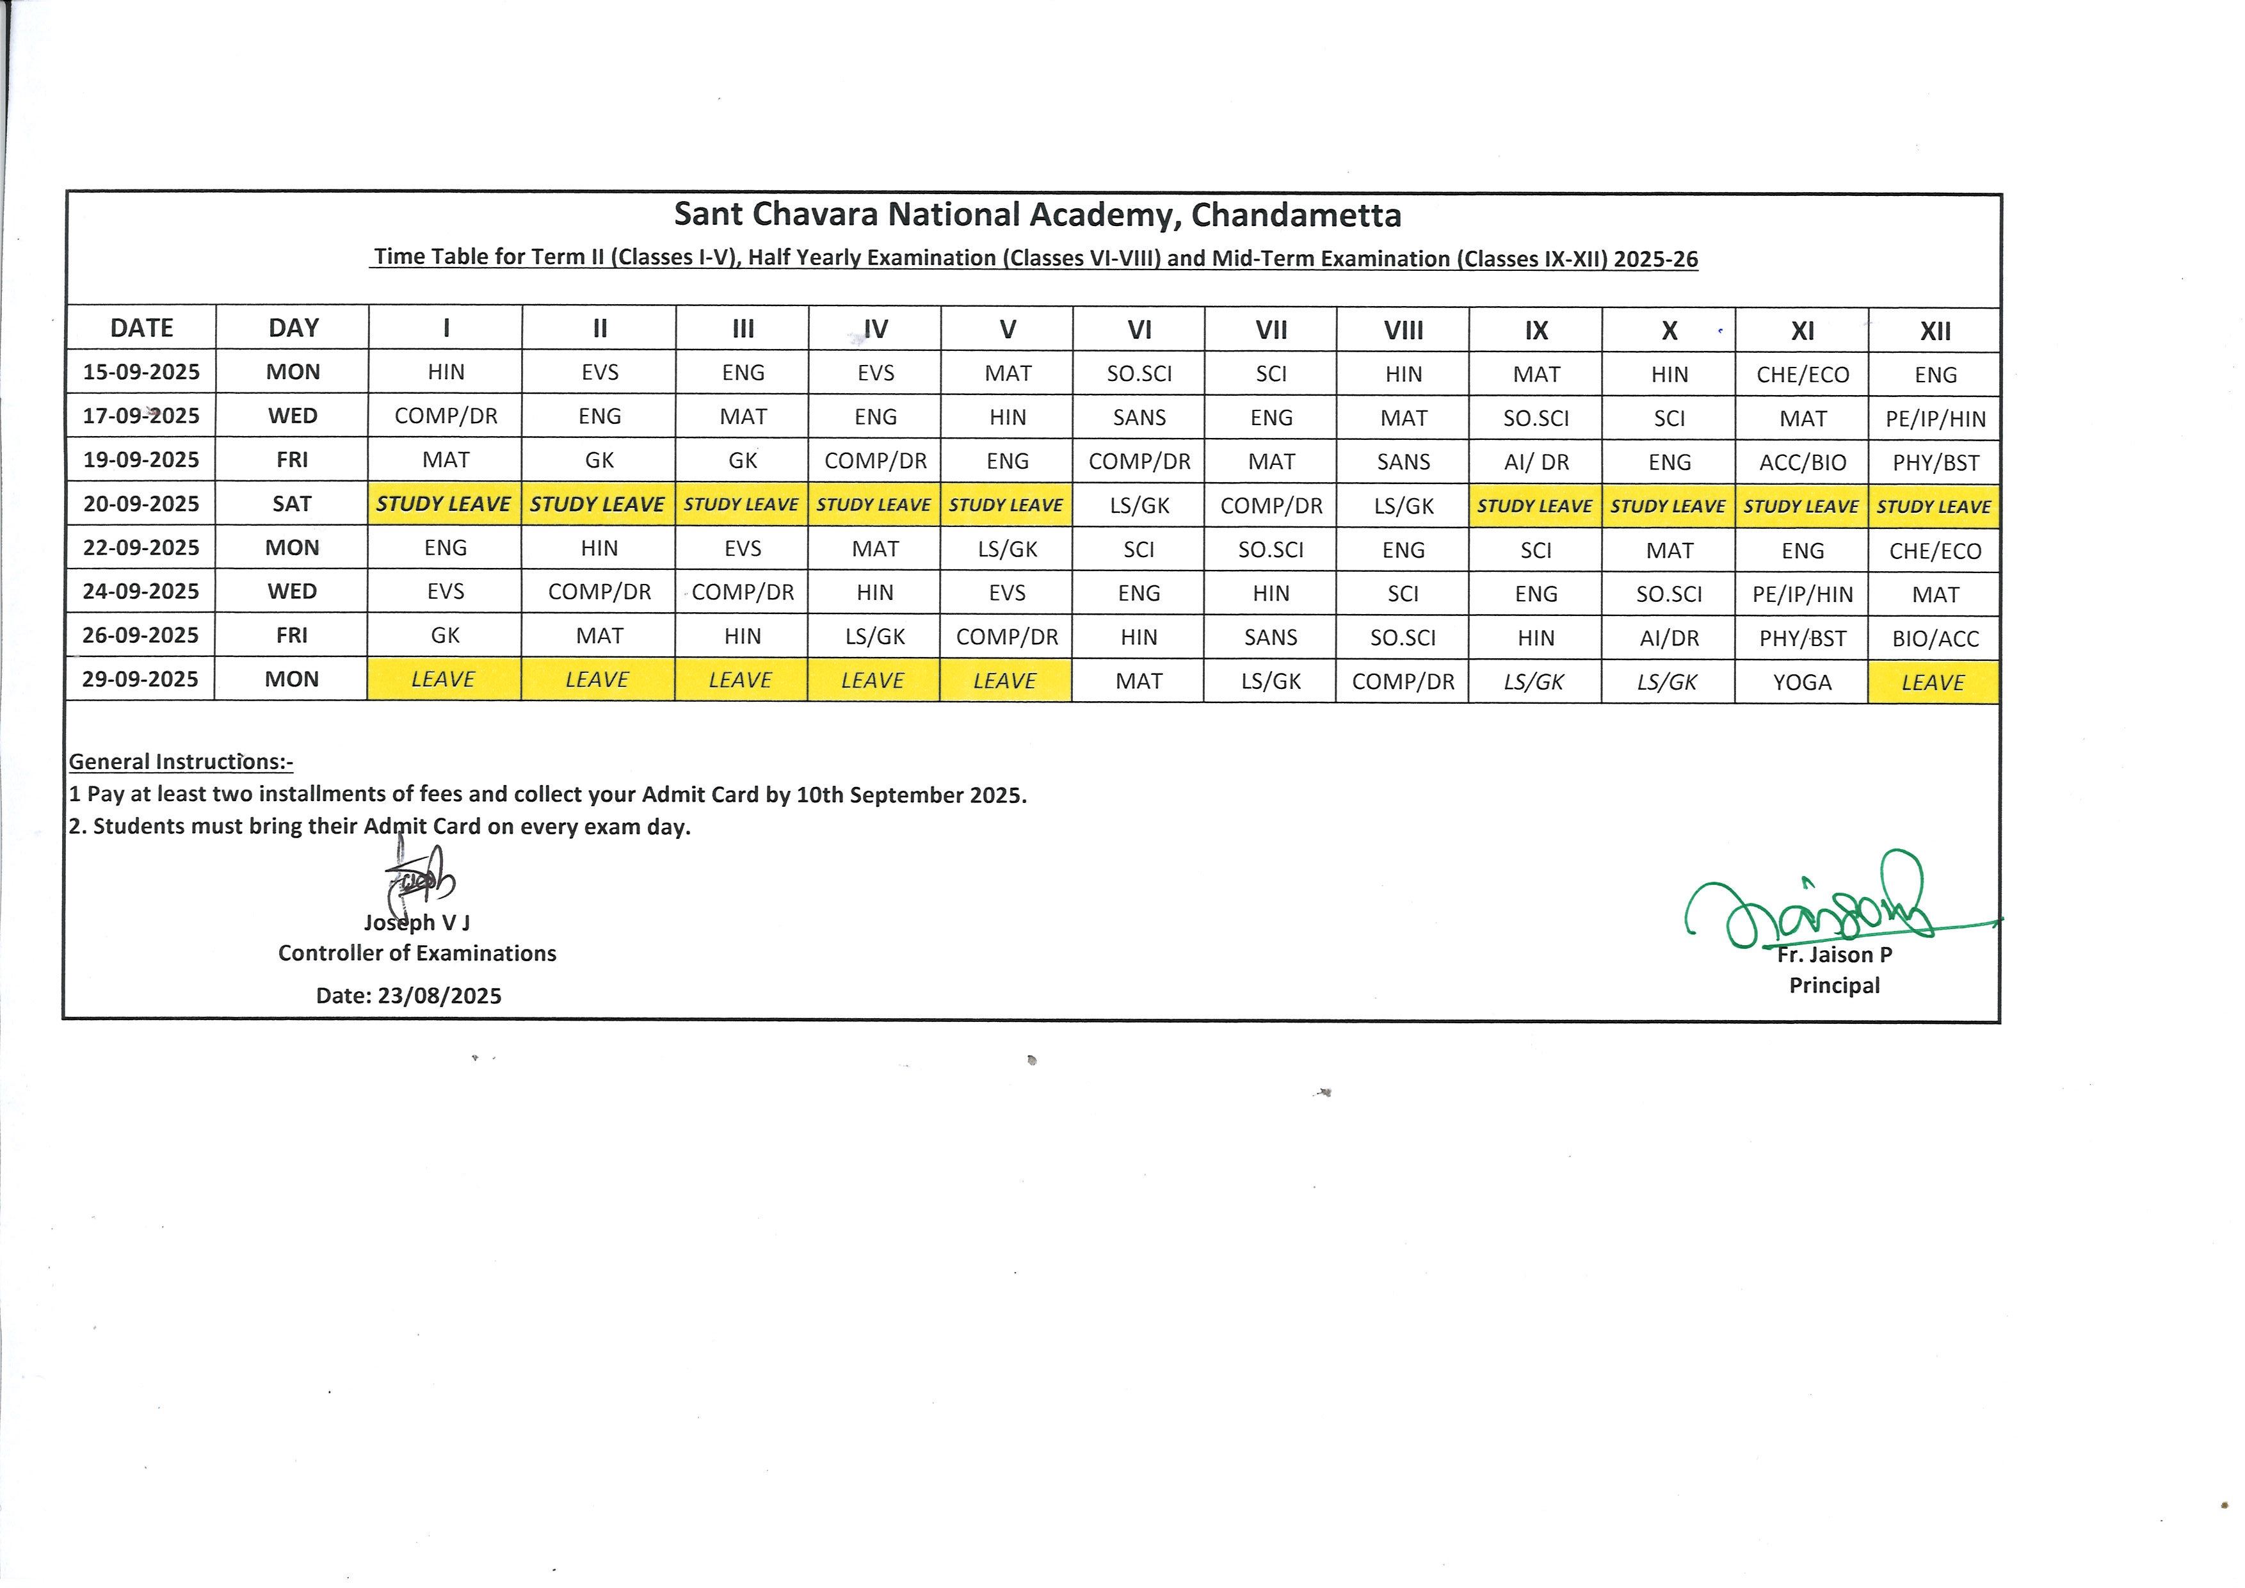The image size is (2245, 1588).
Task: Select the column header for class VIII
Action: click(x=1403, y=330)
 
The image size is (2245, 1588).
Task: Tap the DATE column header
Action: click(x=141, y=328)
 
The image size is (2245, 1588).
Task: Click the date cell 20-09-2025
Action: click(x=141, y=503)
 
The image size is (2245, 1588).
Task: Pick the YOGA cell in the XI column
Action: click(x=1802, y=681)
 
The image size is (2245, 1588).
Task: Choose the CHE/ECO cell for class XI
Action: click(x=1802, y=375)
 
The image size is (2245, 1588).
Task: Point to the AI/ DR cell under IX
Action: click(x=1536, y=462)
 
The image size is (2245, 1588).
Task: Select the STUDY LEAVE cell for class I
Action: click(x=444, y=503)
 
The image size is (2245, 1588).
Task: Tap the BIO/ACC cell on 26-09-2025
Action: click(x=1935, y=638)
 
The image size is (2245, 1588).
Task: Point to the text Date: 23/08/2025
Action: click(x=408, y=996)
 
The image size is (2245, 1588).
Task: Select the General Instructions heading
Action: click(x=181, y=762)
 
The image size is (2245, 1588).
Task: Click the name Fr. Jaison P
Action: click(x=1834, y=954)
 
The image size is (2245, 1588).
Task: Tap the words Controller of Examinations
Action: click(x=417, y=953)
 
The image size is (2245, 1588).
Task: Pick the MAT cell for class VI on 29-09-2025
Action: click(x=1139, y=681)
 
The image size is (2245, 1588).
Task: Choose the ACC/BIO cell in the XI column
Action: click(x=1802, y=462)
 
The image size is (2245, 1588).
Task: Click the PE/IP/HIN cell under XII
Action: click(x=1935, y=419)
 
